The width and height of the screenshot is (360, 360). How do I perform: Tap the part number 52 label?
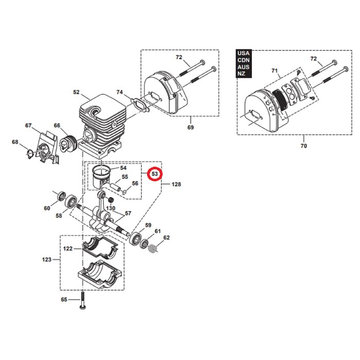click(x=76, y=93)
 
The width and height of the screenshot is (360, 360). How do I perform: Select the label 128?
click(x=176, y=184)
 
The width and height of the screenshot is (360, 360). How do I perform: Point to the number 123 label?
click(x=47, y=260)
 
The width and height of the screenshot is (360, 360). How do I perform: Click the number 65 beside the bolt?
click(x=64, y=299)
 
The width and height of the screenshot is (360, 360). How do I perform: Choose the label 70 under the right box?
click(x=303, y=146)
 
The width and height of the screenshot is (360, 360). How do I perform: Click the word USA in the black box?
click(x=243, y=53)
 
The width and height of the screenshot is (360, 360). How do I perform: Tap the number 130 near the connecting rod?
click(x=111, y=208)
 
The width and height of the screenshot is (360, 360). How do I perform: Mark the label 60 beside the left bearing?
click(x=47, y=208)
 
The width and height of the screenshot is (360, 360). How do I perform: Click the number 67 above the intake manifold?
click(x=28, y=125)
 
